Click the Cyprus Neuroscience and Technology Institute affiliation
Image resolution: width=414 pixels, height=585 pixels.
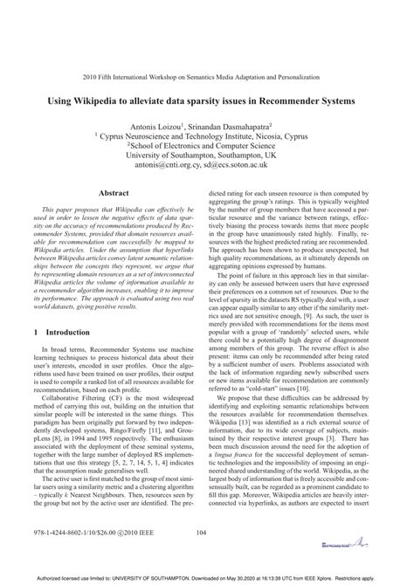pyautogui.click(x=207, y=137)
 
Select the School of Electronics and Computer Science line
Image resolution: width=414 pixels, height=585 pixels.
pyautogui.click(x=207, y=148)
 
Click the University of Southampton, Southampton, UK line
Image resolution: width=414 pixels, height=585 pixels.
pyautogui.click(x=207, y=157)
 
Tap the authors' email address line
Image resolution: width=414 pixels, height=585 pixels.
pyautogui.click(x=207, y=168)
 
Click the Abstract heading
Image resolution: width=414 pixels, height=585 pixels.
pyautogui.click(x=114, y=192)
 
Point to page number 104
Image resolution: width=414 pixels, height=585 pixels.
pyautogui.click(x=206, y=533)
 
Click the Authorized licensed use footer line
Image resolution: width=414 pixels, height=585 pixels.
pyautogui.click(x=207, y=578)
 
